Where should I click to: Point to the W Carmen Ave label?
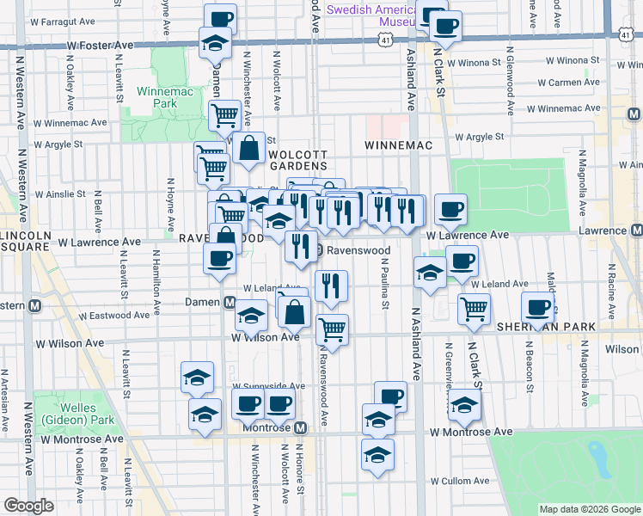(568, 83)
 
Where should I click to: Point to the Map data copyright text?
(590, 509)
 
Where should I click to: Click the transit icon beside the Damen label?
(230, 302)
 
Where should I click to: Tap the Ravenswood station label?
(358, 250)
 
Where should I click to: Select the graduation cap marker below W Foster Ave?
(215, 44)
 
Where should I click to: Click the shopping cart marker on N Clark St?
(474, 310)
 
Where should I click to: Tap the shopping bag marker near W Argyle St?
(248, 148)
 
